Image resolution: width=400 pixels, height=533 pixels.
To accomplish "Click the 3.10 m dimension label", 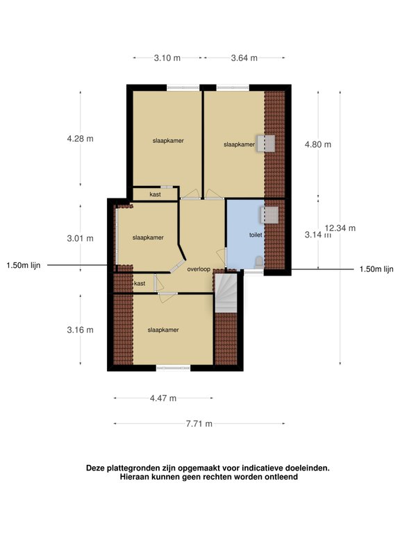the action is point(167,58).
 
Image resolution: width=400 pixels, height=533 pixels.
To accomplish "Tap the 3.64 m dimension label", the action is point(244,58).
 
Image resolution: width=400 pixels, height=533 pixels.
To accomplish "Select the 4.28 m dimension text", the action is point(81,139).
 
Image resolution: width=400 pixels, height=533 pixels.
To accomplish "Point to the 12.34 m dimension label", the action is point(340,228).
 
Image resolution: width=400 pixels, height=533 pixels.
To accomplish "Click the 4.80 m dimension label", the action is point(317,144).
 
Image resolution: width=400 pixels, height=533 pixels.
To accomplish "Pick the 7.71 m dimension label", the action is point(199,424).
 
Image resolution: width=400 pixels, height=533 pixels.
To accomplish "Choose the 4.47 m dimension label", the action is point(163,398).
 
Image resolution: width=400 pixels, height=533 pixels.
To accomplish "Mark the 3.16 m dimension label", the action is point(81,330).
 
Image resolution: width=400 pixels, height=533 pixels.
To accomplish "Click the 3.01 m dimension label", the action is point(81,239).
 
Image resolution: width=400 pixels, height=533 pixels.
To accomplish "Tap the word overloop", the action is point(199,269).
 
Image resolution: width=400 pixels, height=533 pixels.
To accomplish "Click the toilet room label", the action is point(256,235).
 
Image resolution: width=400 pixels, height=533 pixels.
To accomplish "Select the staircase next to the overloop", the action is point(226,293).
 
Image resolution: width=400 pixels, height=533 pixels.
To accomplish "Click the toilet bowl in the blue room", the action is point(259,262).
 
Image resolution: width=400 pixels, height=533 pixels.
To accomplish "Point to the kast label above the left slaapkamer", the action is point(155,194).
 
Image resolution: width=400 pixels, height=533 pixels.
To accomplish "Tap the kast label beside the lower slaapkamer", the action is point(140,283).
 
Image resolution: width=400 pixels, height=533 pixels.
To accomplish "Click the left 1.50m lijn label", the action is point(24,266).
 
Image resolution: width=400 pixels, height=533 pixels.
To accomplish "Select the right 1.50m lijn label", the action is point(376,269).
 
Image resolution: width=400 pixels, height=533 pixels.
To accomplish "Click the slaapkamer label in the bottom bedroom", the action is point(163,330).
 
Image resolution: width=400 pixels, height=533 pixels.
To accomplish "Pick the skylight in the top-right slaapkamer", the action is point(266,144).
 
